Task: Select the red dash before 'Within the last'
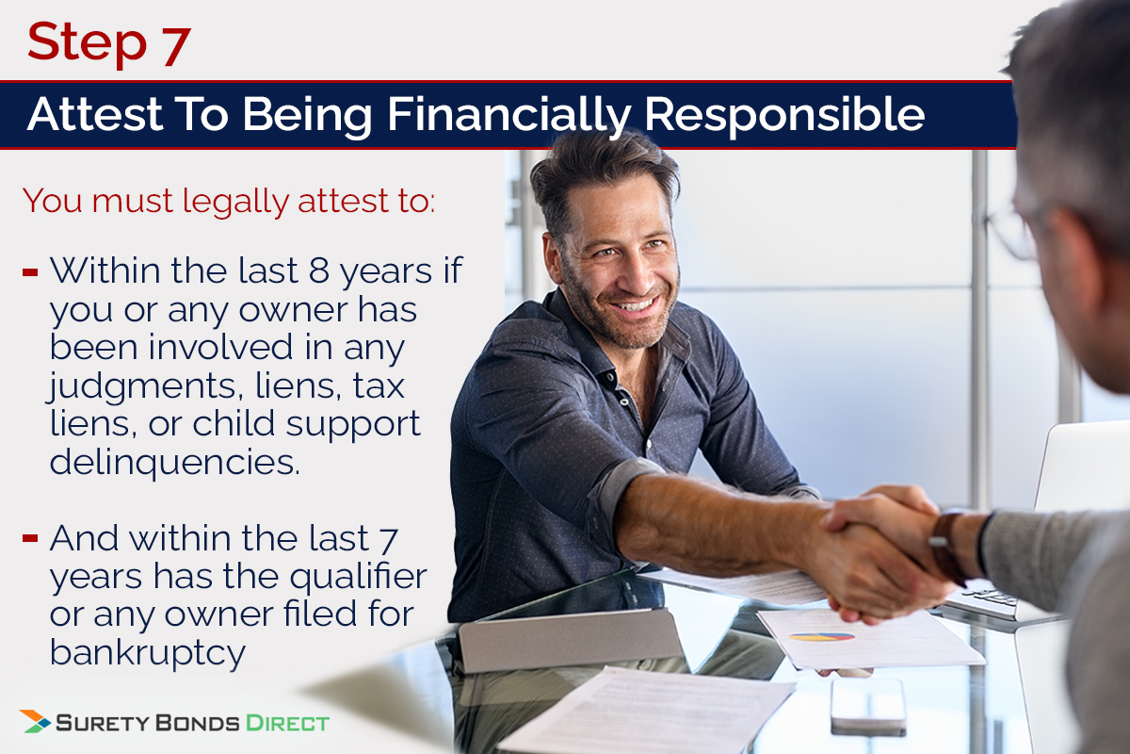pos(30,273)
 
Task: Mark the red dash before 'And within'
pos(30,539)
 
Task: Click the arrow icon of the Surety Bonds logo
pos(35,722)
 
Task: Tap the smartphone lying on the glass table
pos(867,703)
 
